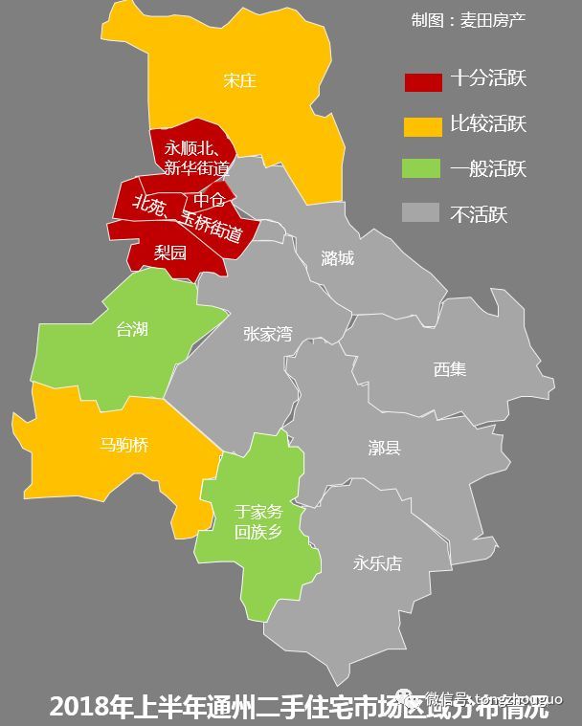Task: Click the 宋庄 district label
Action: tap(239, 80)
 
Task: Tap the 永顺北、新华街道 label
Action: tap(195, 159)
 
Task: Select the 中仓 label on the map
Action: tap(210, 199)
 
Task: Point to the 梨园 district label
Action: tap(170, 253)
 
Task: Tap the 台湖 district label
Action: tap(132, 329)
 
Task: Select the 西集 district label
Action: tap(449, 368)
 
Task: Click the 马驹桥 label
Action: tap(124, 445)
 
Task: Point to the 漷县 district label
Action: tap(384, 447)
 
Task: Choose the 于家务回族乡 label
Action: tap(258, 521)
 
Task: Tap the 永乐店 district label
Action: tap(377, 562)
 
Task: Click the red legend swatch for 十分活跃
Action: tap(422, 80)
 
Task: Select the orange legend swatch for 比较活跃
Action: tap(422, 125)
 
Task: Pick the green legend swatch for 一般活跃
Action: tap(422, 169)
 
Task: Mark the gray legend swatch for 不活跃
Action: tap(422, 213)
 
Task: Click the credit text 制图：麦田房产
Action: tap(468, 20)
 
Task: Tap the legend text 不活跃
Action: tap(479, 214)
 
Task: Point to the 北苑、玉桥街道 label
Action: tap(188, 217)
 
